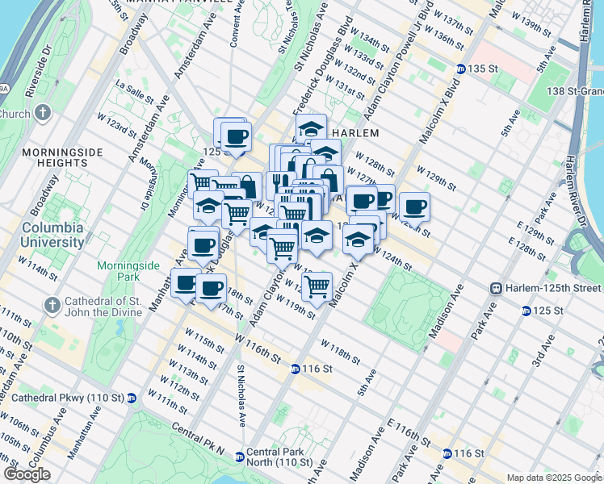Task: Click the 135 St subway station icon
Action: tap(460, 69)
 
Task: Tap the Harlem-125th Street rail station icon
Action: tap(497, 288)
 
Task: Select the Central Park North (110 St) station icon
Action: tap(239, 457)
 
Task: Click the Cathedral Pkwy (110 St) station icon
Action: tap(132, 398)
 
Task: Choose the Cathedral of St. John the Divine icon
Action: tap(53, 305)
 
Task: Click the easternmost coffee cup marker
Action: tap(414, 207)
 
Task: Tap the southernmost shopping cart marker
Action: tap(318, 285)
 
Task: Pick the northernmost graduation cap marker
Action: tap(311, 128)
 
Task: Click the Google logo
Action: tap(27, 474)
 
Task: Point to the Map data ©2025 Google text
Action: tap(554, 478)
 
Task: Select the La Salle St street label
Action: tap(134, 90)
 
